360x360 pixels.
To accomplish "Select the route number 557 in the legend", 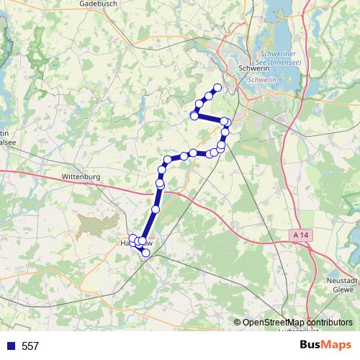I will [30, 346].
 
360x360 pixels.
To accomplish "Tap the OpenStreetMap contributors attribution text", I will [297, 323].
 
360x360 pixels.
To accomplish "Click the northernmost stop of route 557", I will [217, 88].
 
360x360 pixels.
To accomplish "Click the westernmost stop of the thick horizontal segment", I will [194, 115].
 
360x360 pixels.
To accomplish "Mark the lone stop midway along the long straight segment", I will [155, 209].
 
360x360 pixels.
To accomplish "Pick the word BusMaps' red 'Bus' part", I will [312, 346].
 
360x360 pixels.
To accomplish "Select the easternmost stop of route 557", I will [227, 122].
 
